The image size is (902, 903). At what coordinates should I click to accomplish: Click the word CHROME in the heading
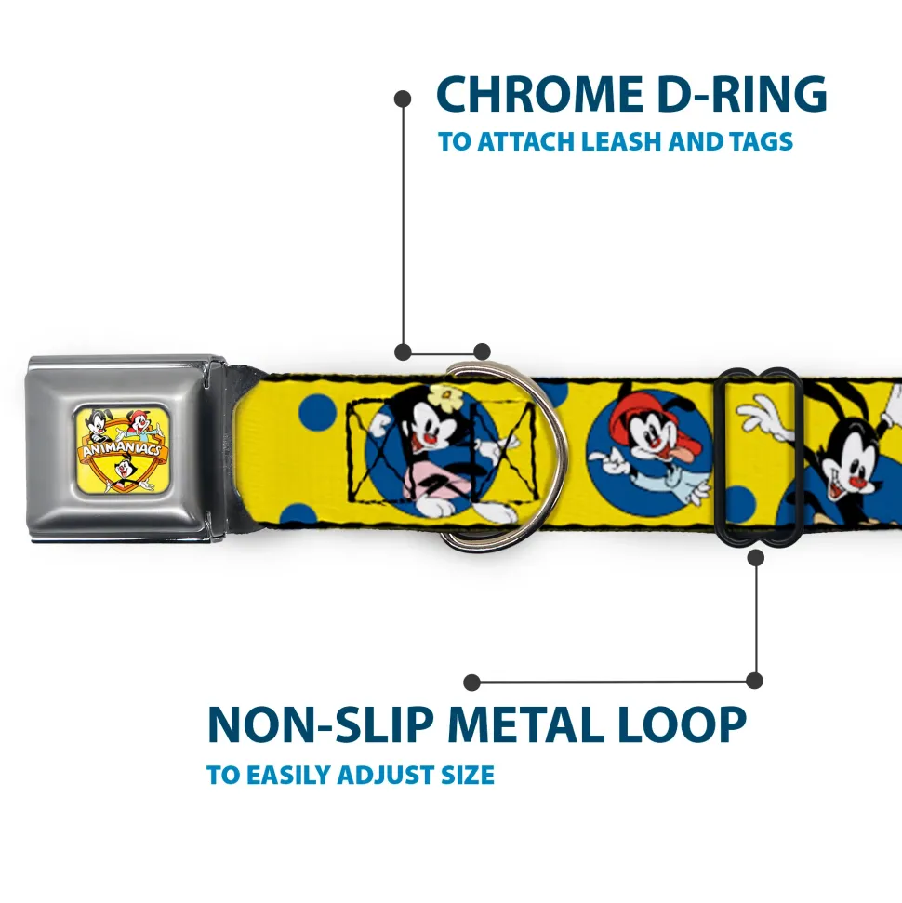coord(539,94)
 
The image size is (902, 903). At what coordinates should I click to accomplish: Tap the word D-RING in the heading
coord(742,94)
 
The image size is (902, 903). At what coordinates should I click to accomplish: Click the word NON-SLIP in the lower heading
coord(321,725)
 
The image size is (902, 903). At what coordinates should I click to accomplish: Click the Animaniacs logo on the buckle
coord(122,449)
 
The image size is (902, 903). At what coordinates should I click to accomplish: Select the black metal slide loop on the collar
coord(758,456)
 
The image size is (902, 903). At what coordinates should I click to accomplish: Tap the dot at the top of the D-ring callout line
coord(403,99)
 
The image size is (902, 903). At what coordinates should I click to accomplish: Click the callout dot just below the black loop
coord(755,557)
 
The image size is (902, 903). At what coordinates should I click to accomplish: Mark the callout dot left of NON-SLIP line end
coord(471,683)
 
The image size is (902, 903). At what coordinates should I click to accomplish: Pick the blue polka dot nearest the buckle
coord(318,413)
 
